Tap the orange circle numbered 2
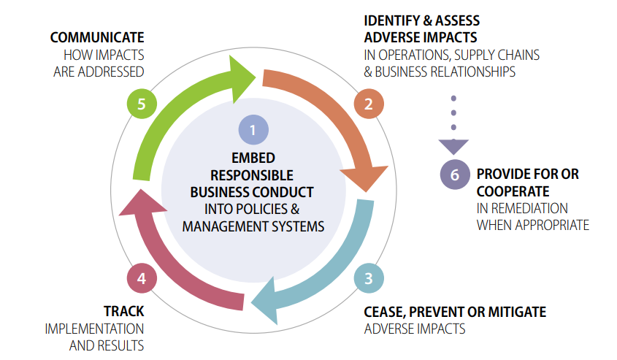(x=368, y=104)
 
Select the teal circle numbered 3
(x=368, y=277)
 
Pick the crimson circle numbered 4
(x=141, y=277)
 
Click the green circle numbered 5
(x=141, y=104)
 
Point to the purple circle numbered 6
(x=455, y=175)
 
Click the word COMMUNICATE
(x=96, y=37)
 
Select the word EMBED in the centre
(x=252, y=158)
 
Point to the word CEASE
(x=384, y=312)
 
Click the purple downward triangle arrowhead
(x=454, y=146)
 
